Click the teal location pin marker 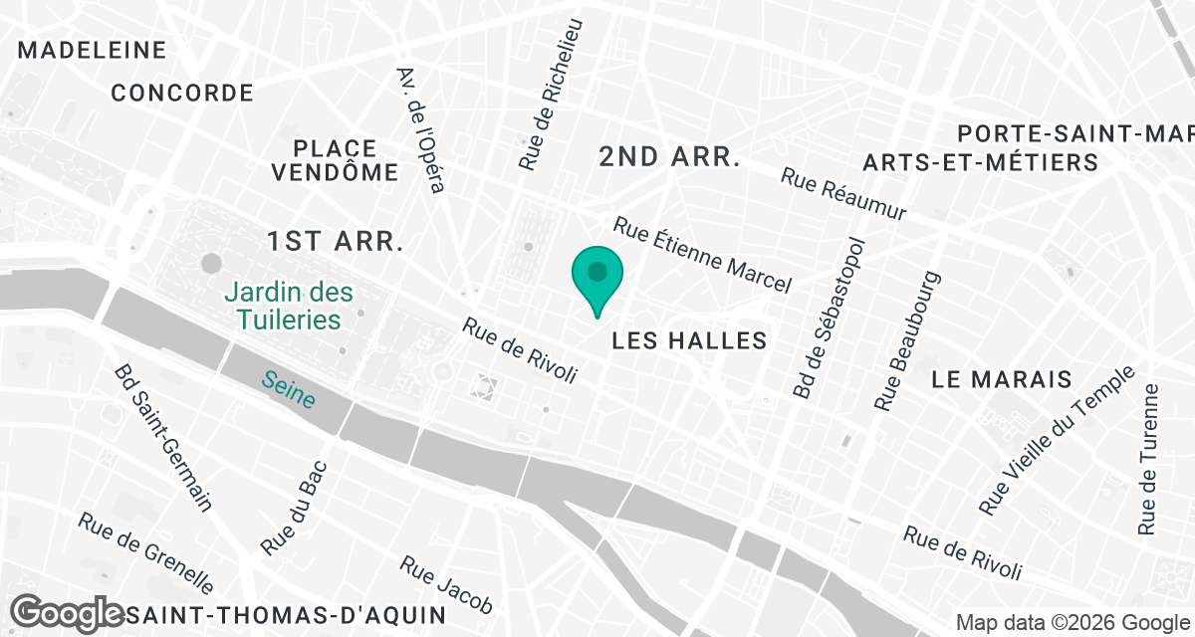597,274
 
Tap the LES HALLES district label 689,340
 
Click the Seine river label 289,389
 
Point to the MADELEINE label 92,50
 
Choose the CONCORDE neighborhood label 182,94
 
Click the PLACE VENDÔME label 336,160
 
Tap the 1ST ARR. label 335,241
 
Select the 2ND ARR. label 668,156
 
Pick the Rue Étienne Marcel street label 702,256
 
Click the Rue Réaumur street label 843,194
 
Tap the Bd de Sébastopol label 829,318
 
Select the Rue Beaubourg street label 906,340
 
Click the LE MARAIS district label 1002,379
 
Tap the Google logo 68,611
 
